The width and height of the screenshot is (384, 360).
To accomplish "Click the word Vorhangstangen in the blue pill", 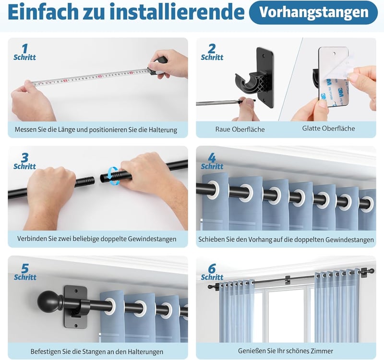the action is [314, 12].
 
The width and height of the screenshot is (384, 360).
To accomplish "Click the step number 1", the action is [25, 48].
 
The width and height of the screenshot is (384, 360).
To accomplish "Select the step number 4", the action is [212, 158].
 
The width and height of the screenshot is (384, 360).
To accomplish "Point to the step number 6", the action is [212, 268].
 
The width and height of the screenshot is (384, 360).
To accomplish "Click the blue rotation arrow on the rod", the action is [113, 176].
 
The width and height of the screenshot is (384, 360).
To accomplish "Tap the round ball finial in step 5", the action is [48, 301].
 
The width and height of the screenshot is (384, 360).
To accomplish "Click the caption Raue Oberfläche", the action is [240, 129].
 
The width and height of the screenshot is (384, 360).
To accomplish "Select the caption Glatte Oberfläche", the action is [328, 128].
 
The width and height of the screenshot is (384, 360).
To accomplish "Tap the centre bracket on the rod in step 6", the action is [288, 280].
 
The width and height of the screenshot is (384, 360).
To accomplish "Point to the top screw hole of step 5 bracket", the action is [76, 291].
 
